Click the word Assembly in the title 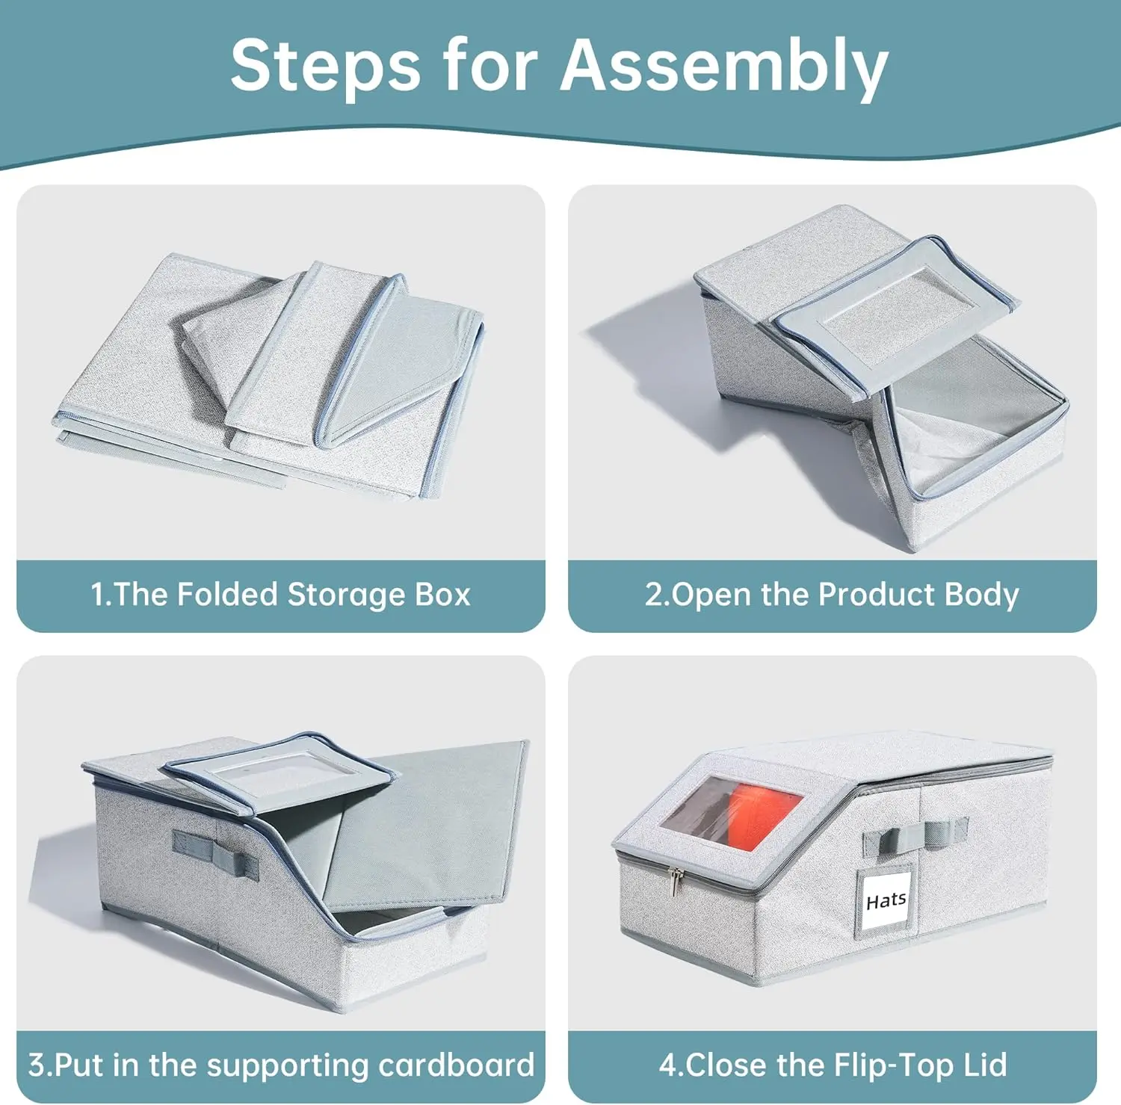point(724,66)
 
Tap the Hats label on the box point(886,900)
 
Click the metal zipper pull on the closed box point(676,881)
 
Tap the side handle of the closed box point(915,835)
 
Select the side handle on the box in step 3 point(215,852)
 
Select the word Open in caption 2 point(713,595)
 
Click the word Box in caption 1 point(442,595)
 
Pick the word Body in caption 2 point(981,595)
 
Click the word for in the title point(490,66)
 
